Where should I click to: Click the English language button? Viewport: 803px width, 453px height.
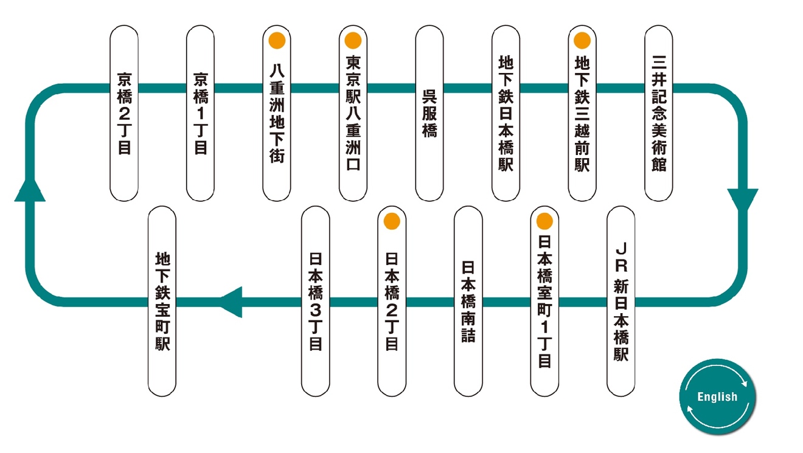coord(717,396)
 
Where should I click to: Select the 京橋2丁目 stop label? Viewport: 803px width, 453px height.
coord(124,114)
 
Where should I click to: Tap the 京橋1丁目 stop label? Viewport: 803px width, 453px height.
coord(201,114)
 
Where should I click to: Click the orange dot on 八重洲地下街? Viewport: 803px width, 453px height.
coord(277,41)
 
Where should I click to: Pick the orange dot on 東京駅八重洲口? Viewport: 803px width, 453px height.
coord(353,41)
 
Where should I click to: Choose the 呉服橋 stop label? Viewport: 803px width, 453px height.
coord(430,114)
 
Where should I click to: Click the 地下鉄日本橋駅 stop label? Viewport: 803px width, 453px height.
coord(506,114)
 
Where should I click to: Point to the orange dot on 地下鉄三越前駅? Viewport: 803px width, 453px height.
coord(582,41)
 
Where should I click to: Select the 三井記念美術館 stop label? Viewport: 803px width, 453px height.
coord(659,114)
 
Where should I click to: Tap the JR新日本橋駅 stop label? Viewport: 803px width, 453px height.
coord(620,302)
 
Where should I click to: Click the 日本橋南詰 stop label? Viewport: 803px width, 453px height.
coord(468,302)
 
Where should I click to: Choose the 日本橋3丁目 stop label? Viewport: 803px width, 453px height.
coord(315,302)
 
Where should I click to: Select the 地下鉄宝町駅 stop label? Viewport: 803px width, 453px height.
coord(162,302)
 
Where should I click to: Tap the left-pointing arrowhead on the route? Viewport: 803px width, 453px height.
coord(231,302)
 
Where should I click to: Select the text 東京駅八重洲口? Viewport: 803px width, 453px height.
coord(353,114)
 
